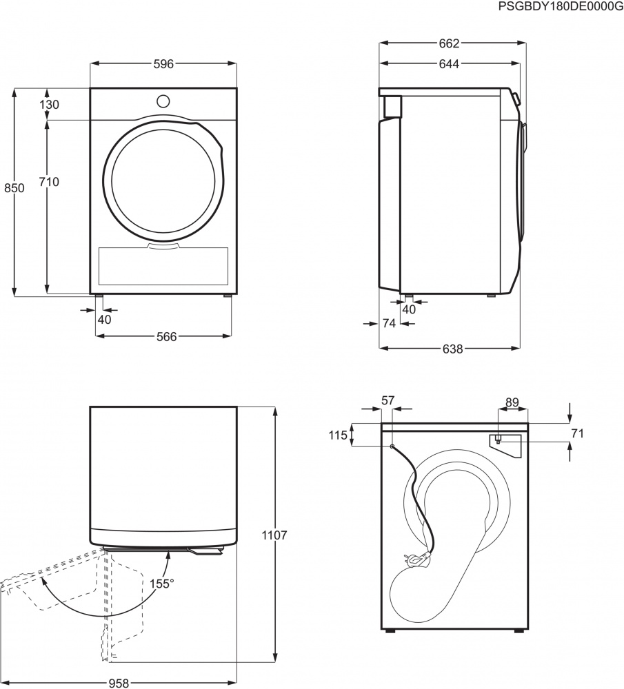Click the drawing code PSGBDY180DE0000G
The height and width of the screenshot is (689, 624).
(560, 6)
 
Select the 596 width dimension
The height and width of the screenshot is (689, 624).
(163, 64)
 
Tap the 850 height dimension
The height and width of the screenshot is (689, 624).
(14, 188)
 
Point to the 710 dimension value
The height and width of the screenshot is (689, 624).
(49, 182)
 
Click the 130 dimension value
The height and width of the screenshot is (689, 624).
(49, 105)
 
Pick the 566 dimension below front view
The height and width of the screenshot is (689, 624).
(166, 336)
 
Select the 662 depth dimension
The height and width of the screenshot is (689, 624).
(449, 43)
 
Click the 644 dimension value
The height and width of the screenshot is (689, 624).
(449, 64)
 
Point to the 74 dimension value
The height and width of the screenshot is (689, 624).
(388, 323)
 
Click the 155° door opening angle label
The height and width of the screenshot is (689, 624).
(162, 584)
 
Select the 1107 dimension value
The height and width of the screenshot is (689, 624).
(275, 535)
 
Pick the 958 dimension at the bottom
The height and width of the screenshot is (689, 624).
(119, 683)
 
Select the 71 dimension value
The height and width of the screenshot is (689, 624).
(577, 433)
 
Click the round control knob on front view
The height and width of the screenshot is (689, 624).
(163, 101)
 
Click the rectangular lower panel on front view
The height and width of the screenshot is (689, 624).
(163, 266)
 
